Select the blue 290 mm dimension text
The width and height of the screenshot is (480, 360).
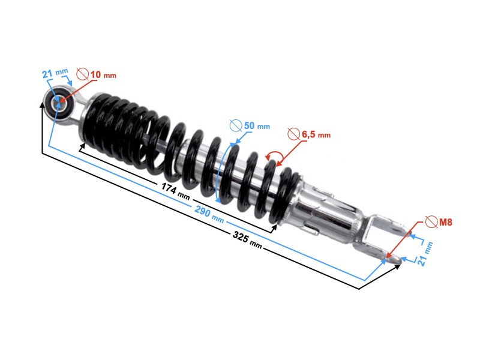[208, 212]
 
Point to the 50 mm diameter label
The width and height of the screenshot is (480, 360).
[256, 127]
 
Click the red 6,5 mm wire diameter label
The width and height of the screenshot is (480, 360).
[316, 135]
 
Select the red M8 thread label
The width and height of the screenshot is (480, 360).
[445, 222]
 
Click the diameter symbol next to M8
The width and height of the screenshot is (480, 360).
[430, 222]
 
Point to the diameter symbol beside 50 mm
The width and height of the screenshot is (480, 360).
[236, 126]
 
